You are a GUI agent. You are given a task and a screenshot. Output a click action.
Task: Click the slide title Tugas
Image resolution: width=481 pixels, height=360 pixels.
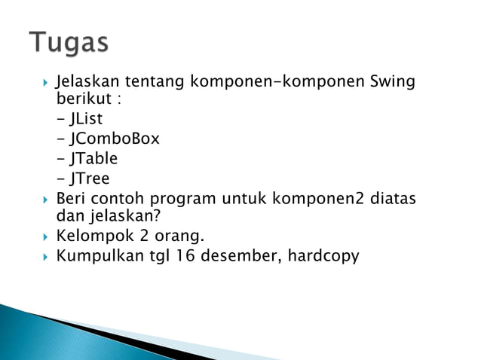(69, 42)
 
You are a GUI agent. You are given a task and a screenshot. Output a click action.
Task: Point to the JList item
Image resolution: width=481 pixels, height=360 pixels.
(85, 119)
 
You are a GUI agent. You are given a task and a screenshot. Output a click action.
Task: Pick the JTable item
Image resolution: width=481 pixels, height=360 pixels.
(93, 158)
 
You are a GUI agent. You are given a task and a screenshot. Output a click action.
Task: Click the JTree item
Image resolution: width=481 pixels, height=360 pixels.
(89, 178)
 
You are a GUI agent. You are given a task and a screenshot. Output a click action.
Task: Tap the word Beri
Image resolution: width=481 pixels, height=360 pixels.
(72, 199)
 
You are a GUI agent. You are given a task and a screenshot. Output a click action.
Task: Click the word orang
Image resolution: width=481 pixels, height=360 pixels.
(180, 237)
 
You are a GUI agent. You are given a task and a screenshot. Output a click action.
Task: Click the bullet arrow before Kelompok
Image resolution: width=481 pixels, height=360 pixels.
(46, 237)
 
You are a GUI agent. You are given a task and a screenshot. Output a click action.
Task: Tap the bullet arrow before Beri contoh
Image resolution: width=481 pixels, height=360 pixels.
(46, 199)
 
